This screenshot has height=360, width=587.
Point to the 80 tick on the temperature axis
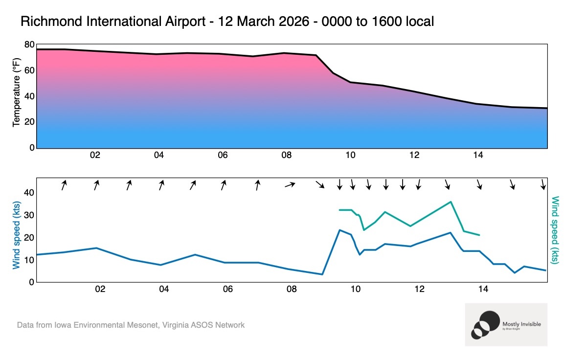click(x=29, y=45)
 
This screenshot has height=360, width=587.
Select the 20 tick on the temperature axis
click(x=29, y=122)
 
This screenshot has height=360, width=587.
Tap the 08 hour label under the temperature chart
click(x=286, y=156)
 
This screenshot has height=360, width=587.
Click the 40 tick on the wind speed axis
click(x=29, y=193)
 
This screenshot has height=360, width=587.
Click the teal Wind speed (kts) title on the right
click(x=555, y=230)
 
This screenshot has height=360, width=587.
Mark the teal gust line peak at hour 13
click(x=451, y=202)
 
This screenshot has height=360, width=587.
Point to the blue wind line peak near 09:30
click(x=339, y=230)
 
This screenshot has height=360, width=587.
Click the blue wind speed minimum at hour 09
click(x=322, y=274)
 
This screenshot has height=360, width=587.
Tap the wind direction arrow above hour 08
click(x=291, y=184)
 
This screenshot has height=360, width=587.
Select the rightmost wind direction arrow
click(x=543, y=184)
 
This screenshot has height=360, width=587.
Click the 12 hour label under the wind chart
click(x=419, y=290)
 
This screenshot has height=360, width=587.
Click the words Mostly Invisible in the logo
click(x=521, y=324)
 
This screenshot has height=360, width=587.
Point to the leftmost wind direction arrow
click(x=64, y=185)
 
